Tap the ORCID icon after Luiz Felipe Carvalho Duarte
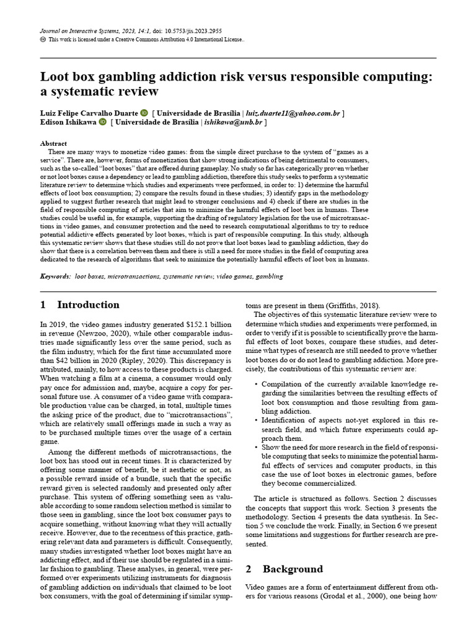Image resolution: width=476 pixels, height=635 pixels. point(144,113)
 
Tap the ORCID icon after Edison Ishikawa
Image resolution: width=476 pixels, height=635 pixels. point(102,123)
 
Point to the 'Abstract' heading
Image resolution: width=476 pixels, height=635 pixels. point(53,143)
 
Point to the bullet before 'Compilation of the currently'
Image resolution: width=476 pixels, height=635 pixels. point(257,384)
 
